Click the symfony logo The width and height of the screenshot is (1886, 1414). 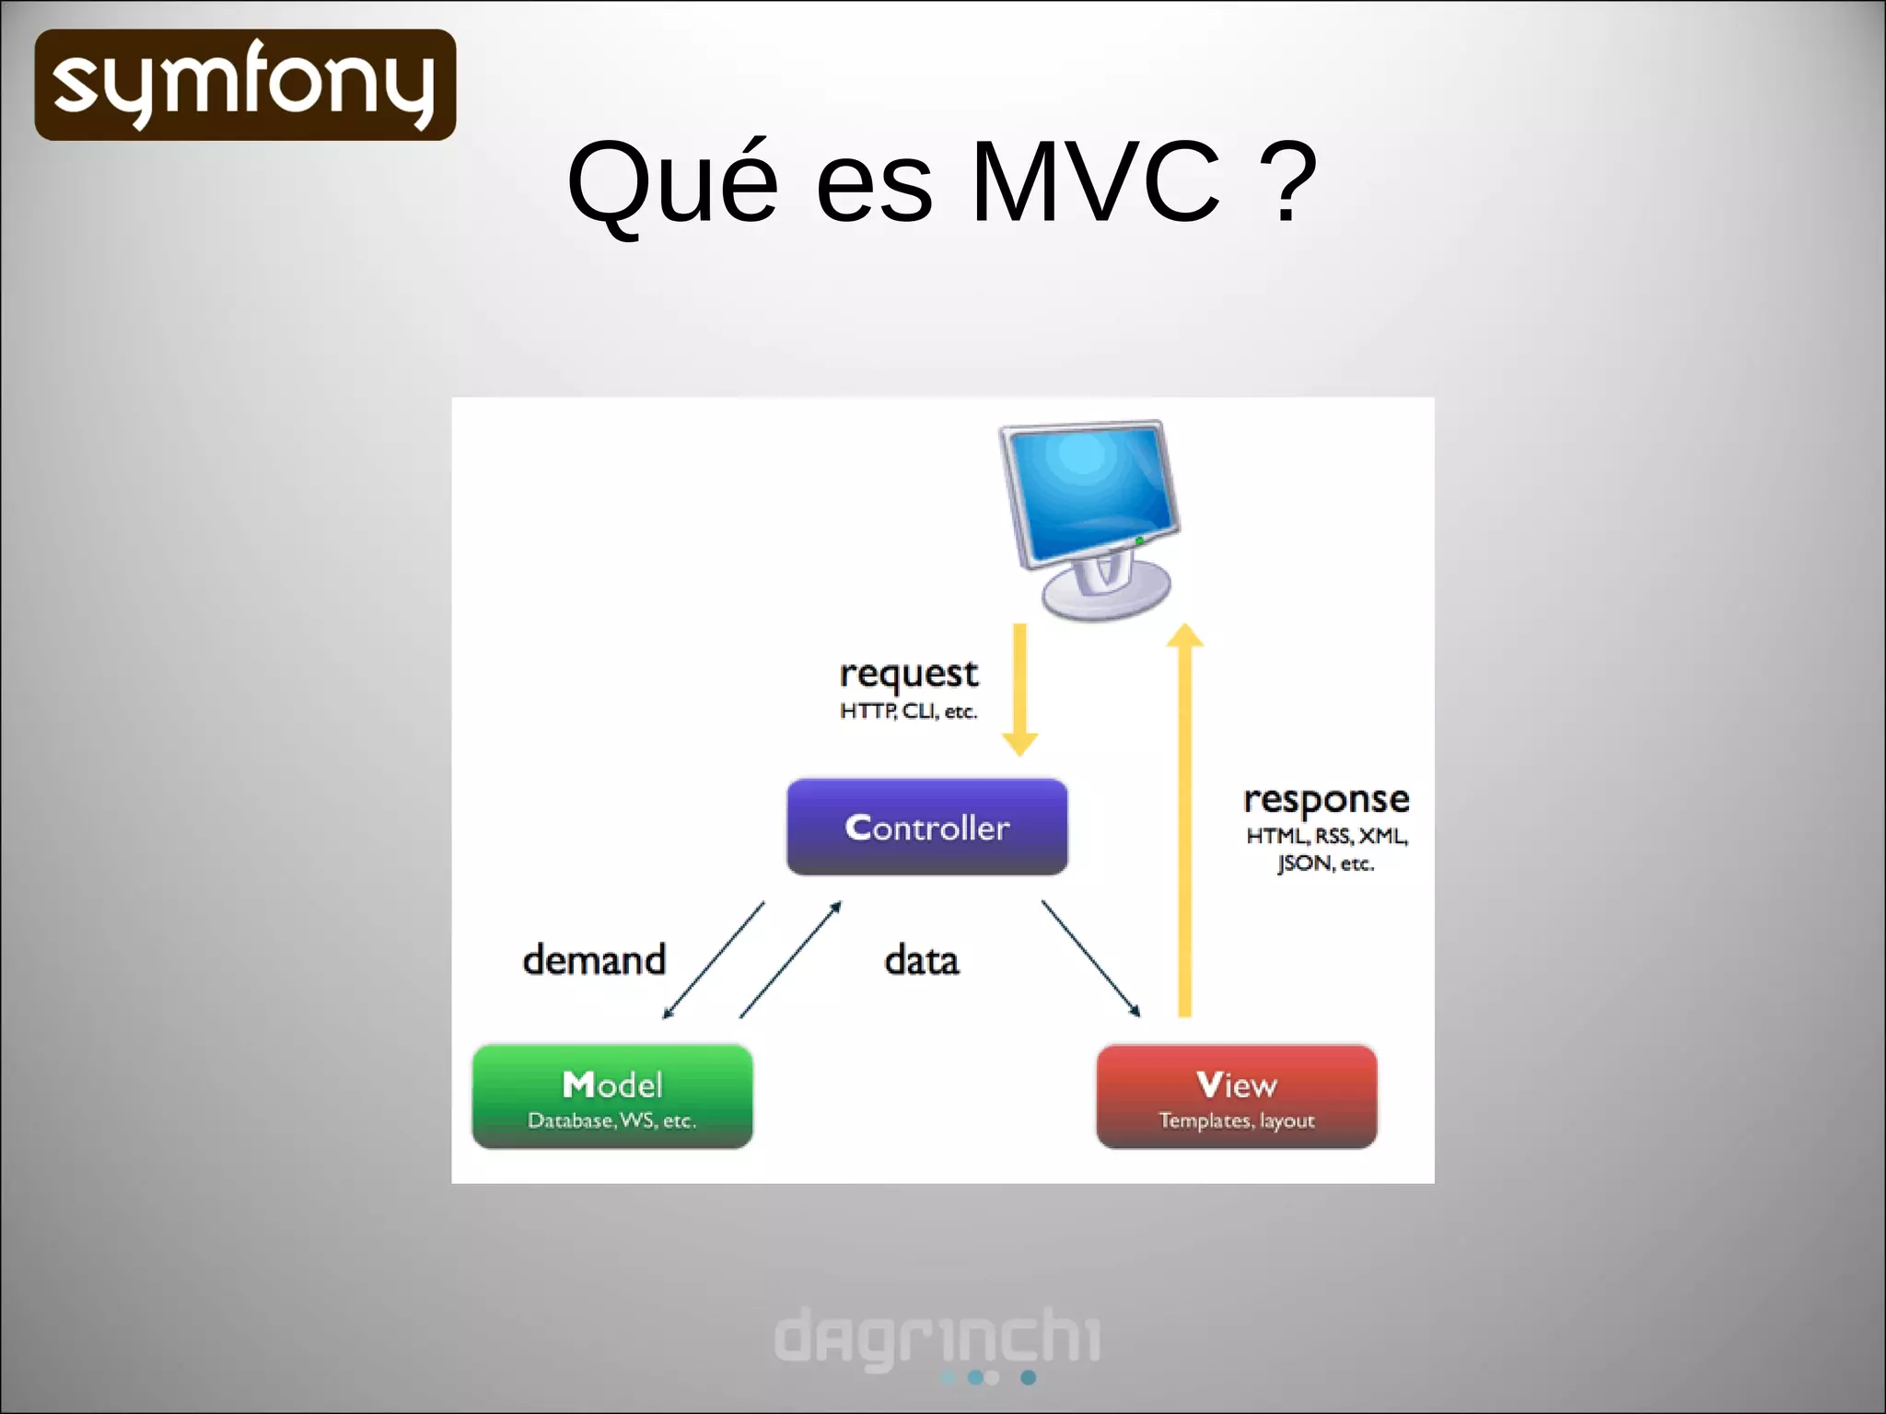[x=245, y=85]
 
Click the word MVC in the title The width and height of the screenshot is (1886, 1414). [x=1095, y=181]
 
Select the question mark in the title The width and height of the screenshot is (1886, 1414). [x=1286, y=181]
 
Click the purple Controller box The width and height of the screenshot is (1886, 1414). [x=926, y=827]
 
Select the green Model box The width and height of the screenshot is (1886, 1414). [x=612, y=1095]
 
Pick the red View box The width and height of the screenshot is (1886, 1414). [x=1236, y=1095]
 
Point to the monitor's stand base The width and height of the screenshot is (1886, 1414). [x=1105, y=594]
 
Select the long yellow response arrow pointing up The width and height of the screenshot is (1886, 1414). [x=1185, y=819]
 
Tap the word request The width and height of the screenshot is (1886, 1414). [x=908, y=675]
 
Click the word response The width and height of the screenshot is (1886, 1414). [x=1326, y=800]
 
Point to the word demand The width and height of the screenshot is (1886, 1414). [x=594, y=960]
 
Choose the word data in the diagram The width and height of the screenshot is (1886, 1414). [x=921, y=960]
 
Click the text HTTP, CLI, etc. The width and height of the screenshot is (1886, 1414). [x=908, y=712]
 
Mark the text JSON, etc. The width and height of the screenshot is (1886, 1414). [x=1325, y=863]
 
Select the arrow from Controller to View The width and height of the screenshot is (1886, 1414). [x=1090, y=958]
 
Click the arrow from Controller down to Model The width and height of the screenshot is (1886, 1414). [x=714, y=959]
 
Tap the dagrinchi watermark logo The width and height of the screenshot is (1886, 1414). [x=937, y=1339]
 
